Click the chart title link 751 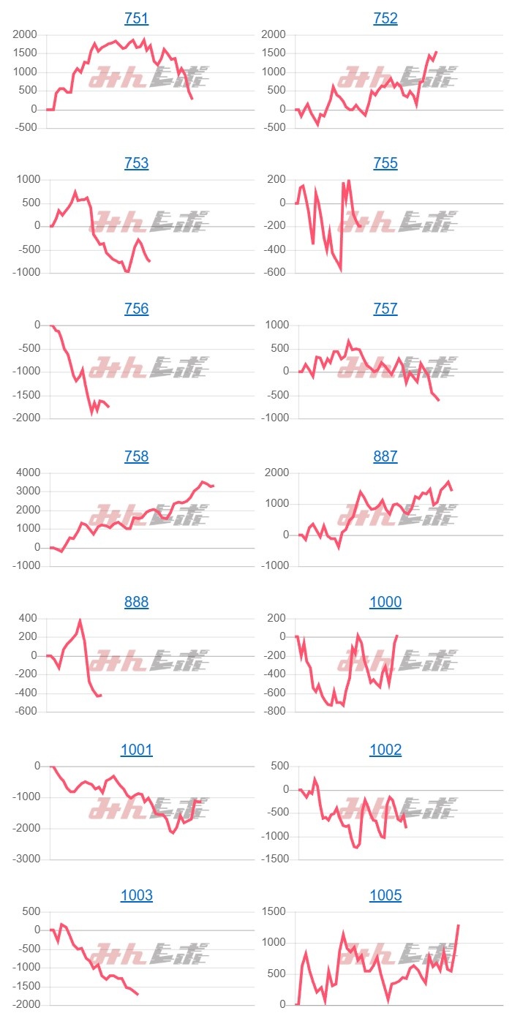coord(137,18)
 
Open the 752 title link coord(385,18)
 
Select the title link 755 coord(385,164)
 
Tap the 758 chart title coord(137,456)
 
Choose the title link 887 coord(385,456)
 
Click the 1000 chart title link coord(385,602)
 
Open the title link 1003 coord(137,896)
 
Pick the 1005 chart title coord(385,896)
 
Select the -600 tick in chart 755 coord(274,273)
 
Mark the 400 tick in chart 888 coord(27,619)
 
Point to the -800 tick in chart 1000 coord(274,712)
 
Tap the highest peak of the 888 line coord(80,621)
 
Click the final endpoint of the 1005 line coord(459,925)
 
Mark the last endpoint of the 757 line coord(439,400)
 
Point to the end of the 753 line coord(150,261)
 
